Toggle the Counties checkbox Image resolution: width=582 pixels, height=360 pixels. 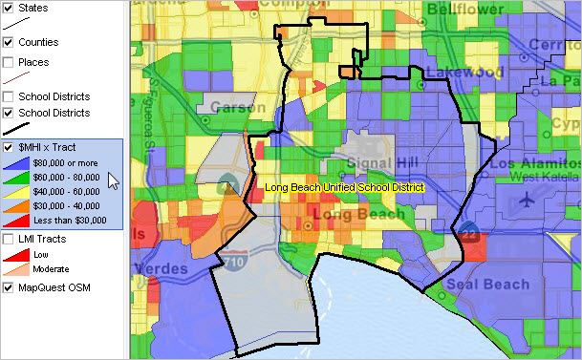(8, 42)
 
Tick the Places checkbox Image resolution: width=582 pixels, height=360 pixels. (8, 62)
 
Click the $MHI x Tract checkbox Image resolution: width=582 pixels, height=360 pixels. (9, 148)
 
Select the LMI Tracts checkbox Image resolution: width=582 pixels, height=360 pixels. (8, 238)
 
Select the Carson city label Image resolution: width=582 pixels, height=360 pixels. (237, 106)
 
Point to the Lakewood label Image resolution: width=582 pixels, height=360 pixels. (463, 72)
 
